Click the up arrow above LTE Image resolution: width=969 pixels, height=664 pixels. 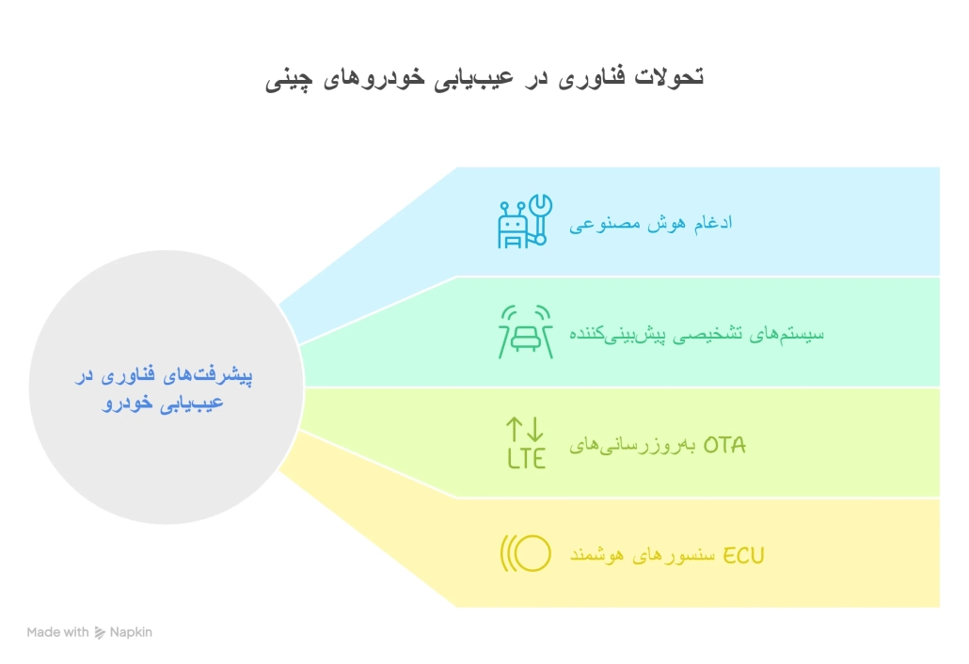point(515,431)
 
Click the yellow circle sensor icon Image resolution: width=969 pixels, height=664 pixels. point(525,554)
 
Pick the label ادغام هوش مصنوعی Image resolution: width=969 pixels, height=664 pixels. point(651,224)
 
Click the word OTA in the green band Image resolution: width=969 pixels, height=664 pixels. point(724,445)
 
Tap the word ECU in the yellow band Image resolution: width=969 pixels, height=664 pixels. point(743,556)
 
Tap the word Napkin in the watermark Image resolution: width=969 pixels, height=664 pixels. point(130,633)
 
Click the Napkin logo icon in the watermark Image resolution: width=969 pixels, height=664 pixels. point(100,633)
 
